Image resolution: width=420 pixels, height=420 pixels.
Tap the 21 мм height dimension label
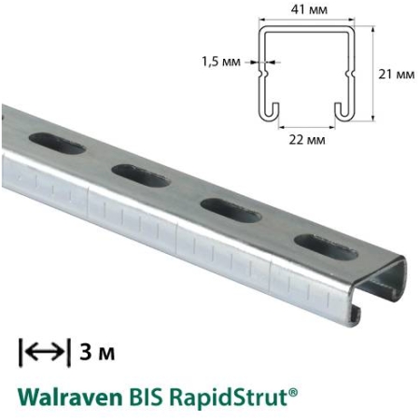[x=399, y=73]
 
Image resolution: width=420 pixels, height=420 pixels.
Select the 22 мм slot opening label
[x=307, y=140]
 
